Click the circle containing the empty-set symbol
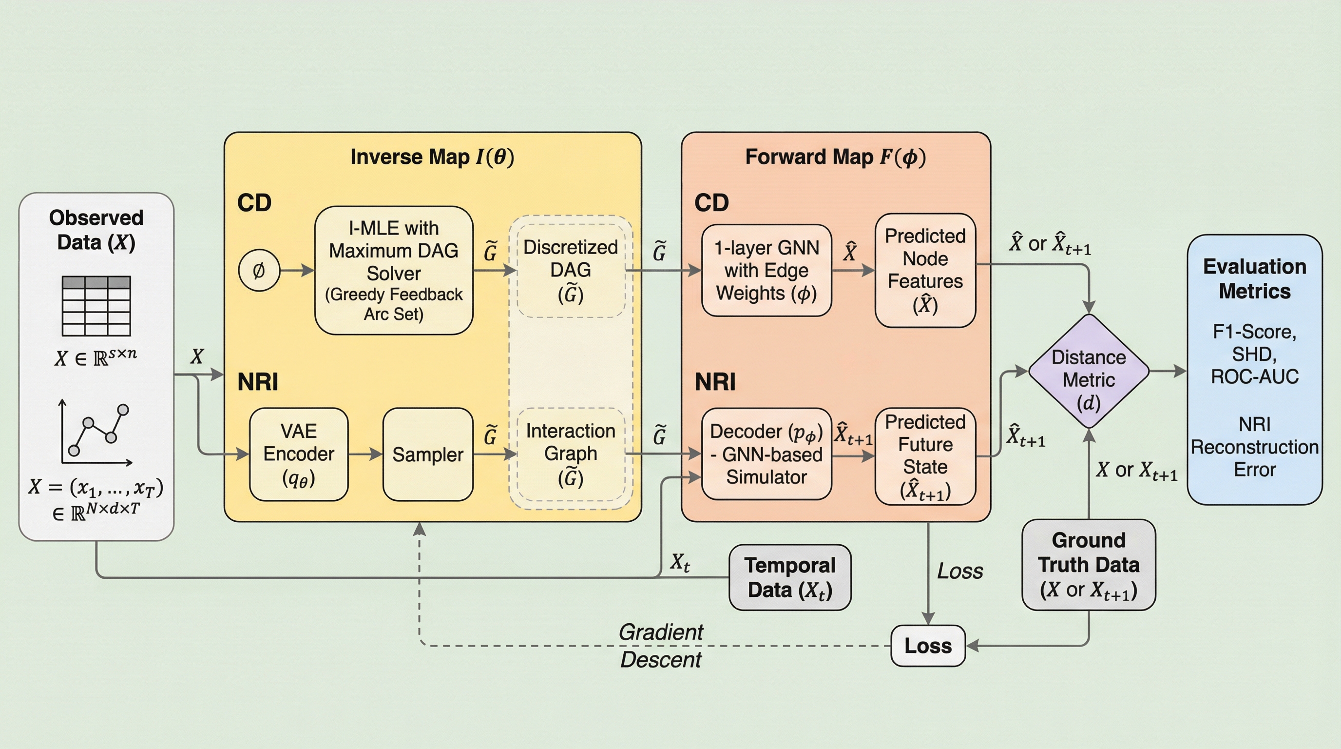coord(259,270)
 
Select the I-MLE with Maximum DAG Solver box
coord(394,270)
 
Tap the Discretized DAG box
coord(571,270)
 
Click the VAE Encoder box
coord(298,454)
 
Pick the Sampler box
coord(427,454)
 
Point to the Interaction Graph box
coord(571,454)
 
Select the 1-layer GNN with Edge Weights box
coord(766,270)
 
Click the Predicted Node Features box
coord(925,270)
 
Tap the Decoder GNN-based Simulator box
coord(766,454)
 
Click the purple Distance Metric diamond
coord(1089,372)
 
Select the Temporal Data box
coord(790,578)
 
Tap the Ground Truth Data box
coord(1089,565)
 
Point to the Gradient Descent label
coord(661,646)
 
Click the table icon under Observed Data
coord(96,306)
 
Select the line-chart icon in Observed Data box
coord(96,433)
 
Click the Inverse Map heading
coord(432,157)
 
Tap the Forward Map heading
coord(836,157)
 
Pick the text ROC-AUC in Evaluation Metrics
coord(1255,376)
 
